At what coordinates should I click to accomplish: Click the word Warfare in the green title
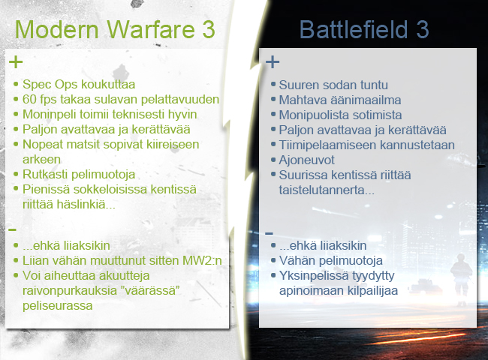(x=151, y=29)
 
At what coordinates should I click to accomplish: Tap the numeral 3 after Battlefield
(x=423, y=29)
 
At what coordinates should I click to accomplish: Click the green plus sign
(x=16, y=61)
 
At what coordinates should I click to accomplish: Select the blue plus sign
(x=273, y=61)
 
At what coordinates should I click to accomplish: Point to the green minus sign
(x=13, y=229)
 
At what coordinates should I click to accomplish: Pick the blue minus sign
(x=270, y=232)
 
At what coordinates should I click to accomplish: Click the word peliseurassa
(x=58, y=305)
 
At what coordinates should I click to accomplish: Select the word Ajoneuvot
(x=306, y=160)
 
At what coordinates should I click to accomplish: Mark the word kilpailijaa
(x=371, y=291)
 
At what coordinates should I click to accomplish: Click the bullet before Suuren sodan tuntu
(x=273, y=84)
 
